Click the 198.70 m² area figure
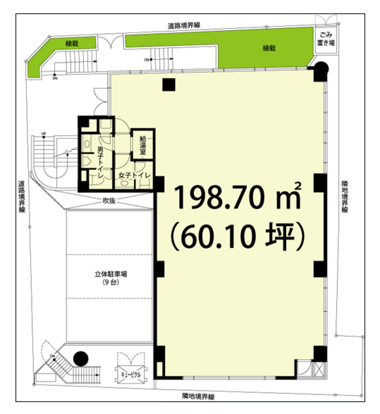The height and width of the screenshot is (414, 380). pos(237,197)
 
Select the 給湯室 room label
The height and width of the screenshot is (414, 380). pos(143,145)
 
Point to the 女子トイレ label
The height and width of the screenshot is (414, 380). pos(134,175)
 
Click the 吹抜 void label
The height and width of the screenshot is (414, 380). pos(109,201)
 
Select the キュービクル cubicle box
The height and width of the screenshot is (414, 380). pos(131,375)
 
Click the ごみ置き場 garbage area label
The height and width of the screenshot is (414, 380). pos(326,39)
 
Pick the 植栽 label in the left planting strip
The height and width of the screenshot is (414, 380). pos(72,44)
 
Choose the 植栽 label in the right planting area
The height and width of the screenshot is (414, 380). pos(269,48)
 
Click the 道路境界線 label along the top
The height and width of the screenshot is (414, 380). pos(184,26)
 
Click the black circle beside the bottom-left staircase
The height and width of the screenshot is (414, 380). pos(81,359)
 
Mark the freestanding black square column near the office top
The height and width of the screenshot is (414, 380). pos(169,85)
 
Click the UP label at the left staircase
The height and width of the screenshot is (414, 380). pos(44,134)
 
